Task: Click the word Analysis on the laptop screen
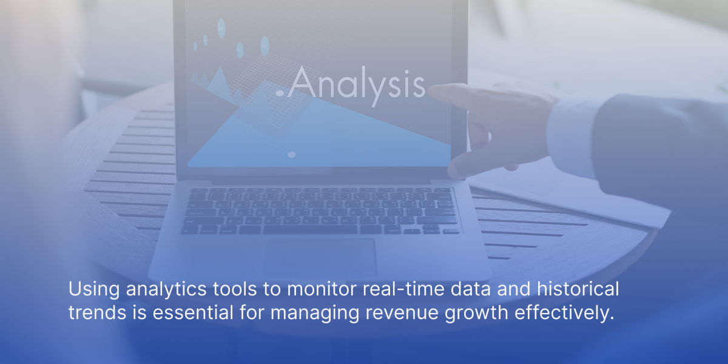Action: click(357, 84)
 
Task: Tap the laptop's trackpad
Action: click(321, 257)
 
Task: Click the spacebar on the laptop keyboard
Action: click(310, 229)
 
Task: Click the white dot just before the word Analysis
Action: click(280, 93)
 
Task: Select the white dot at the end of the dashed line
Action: click(292, 155)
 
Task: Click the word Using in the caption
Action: click(94, 289)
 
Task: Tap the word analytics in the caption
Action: click(166, 289)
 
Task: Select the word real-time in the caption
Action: click(403, 289)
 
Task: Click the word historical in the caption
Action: click(578, 289)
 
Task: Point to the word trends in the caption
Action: click(97, 312)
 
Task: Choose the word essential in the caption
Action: click(193, 312)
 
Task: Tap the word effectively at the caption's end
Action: click(564, 313)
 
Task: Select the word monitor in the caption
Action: click(322, 289)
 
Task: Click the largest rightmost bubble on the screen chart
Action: click(265, 46)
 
